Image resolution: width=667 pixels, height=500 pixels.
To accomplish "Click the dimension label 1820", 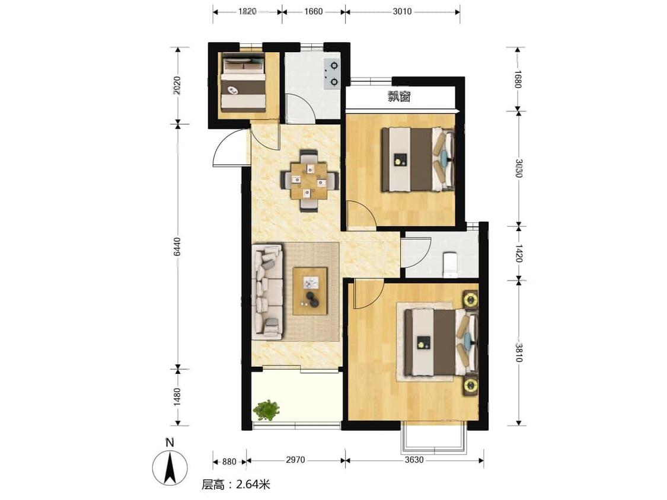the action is tap(247, 11).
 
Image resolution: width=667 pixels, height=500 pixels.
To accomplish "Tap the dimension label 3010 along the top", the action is tap(402, 11).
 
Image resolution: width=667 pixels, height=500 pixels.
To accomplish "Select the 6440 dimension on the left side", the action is tap(178, 246).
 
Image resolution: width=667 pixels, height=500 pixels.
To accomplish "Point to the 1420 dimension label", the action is tap(519, 253).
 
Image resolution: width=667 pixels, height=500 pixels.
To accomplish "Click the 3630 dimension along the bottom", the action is tap(414, 460).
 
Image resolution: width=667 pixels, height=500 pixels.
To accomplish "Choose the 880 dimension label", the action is tap(229, 461).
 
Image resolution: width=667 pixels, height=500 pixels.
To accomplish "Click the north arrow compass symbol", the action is tap(170, 467).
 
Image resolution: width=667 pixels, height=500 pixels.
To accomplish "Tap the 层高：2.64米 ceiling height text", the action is tap(235, 484).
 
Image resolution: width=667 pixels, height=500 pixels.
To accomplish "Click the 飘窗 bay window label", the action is tap(399, 97).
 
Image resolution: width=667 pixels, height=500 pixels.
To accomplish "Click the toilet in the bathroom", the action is tap(449, 264).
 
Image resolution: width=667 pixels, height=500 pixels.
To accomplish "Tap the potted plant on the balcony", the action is tap(266, 411).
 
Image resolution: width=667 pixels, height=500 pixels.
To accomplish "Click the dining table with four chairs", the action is tap(309, 180).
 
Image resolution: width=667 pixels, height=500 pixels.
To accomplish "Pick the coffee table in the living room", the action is tap(310, 291).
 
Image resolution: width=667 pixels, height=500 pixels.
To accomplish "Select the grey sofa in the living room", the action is tap(267, 291).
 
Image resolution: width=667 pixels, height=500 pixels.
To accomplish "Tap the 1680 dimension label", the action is tap(517, 79).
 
